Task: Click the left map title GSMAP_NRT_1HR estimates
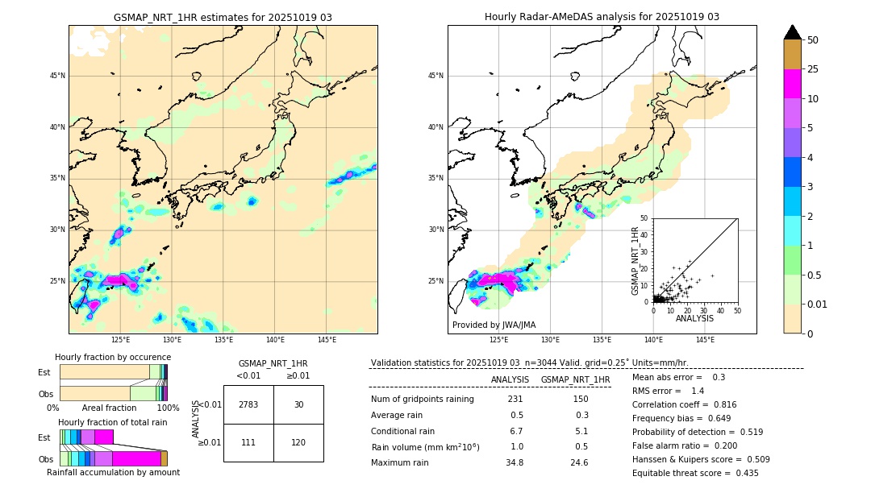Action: click(x=223, y=17)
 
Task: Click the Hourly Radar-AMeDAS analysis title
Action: click(x=602, y=17)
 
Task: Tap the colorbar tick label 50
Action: click(x=813, y=40)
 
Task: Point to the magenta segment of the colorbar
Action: click(x=792, y=84)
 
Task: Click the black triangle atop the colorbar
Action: click(x=792, y=32)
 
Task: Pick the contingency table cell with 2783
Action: click(x=248, y=404)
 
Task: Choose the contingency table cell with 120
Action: click(x=298, y=443)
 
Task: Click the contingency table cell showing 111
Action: click(x=248, y=443)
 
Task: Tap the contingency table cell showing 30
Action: click(x=298, y=404)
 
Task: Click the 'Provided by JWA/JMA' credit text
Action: click(x=494, y=325)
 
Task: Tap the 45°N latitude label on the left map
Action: click(x=57, y=76)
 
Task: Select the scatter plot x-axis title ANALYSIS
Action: click(x=694, y=318)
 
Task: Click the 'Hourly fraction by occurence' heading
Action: click(x=113, y=357)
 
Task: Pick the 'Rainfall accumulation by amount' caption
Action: click(x=113, y=472)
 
